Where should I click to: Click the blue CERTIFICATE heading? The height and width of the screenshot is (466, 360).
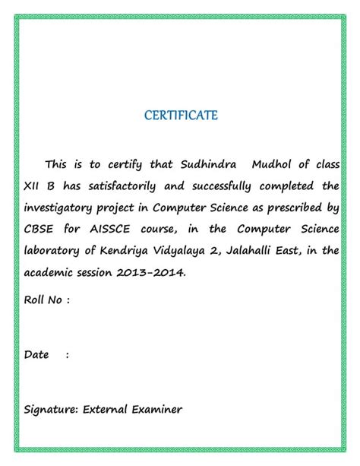click(x=181, y=116)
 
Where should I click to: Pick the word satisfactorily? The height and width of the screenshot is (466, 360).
click(x=125, y=185)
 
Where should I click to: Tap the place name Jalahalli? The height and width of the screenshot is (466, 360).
click(x=263, y=250)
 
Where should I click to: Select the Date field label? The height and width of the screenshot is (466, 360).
click(x=36, y=354)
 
